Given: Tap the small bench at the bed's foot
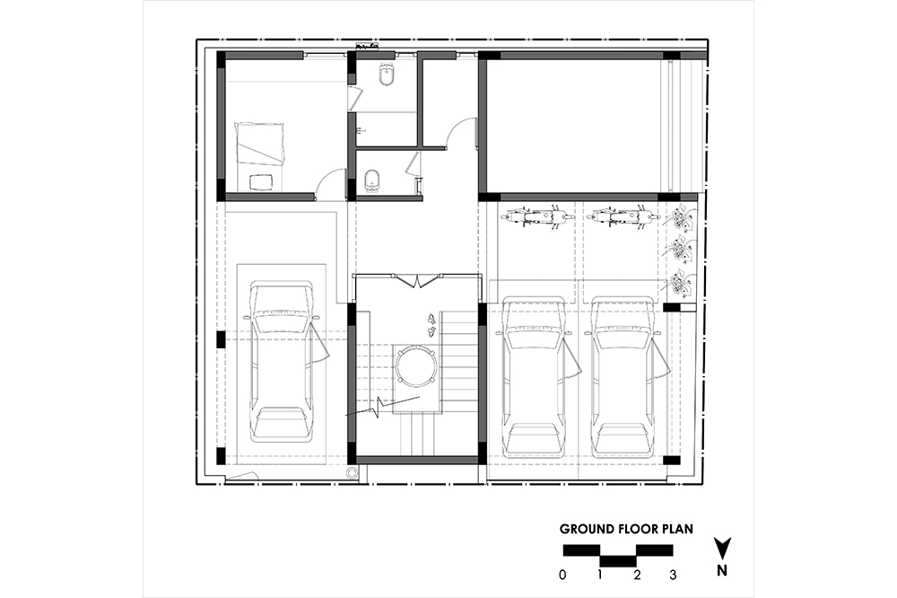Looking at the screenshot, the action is point(261,181).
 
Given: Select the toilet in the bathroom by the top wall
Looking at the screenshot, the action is point(386,75).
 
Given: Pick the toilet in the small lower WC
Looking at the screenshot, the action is point(372,180).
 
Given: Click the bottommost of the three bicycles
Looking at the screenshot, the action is point(680,282).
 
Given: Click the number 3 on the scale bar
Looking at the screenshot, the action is point(673,575).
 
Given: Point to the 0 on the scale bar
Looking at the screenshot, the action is point(563,575).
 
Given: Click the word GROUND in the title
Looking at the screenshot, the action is point(587,529).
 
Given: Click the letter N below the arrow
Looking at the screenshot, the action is point(722,570).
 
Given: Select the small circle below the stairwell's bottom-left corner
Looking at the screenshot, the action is point(353,472).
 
